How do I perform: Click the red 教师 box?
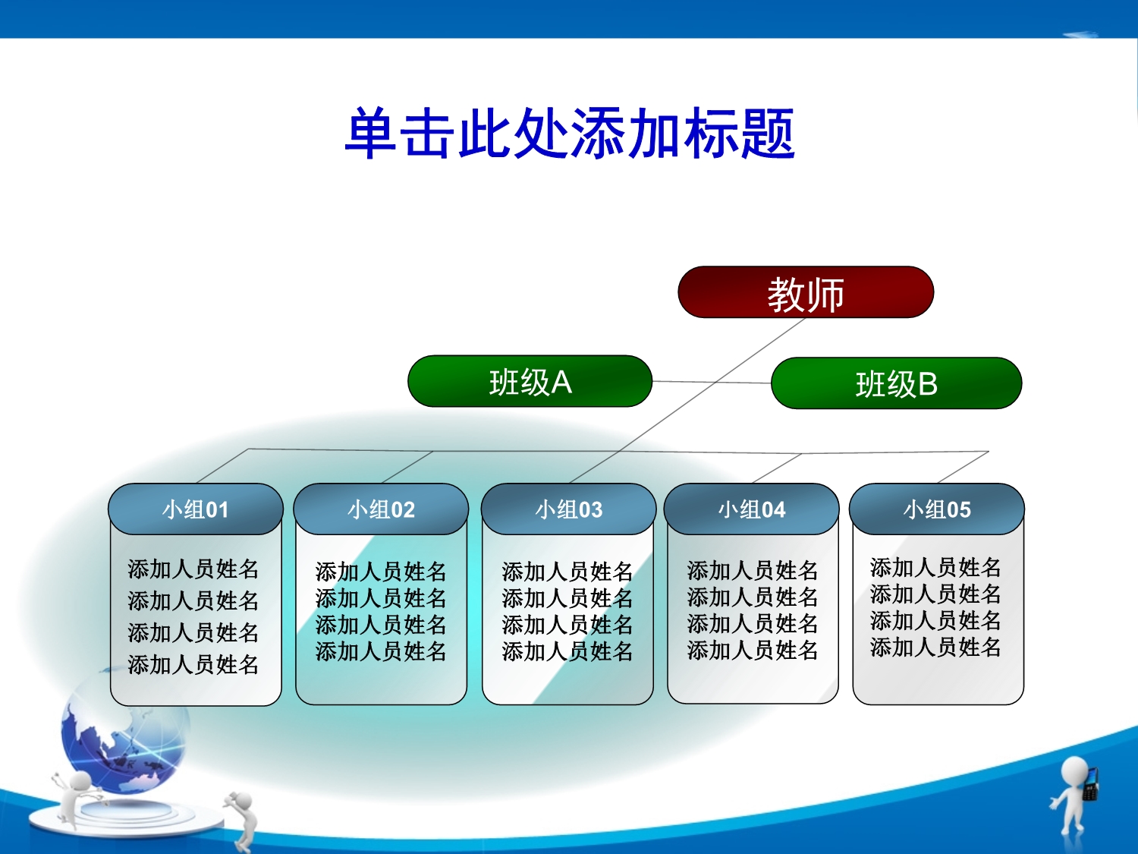click(x=806, y=292)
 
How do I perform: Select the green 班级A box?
click(x=530, y=381)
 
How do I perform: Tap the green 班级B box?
click(x=897, y=383)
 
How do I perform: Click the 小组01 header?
click(x=196, y=509)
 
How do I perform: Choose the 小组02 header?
click(x=381, y=509)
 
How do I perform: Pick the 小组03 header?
click(x=569, y=509)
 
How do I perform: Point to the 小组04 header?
click(x=751, y=509)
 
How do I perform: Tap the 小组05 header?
click(x=937, y=509)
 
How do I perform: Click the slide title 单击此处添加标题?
click(x=570, y=134)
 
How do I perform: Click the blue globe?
click(x=124, y=736)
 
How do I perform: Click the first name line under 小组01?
click(x=193, y=569)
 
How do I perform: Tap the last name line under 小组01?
click(x=193, y=664)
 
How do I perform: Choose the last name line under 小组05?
click(x=935, y=647)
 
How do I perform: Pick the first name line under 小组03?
click(x=567, y=572)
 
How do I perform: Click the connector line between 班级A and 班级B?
click(x=712, y=382)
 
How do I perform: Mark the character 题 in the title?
click(x=768, y=134)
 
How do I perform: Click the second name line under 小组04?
click(x=753, y=597)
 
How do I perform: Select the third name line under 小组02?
click(x=381, y=624)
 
